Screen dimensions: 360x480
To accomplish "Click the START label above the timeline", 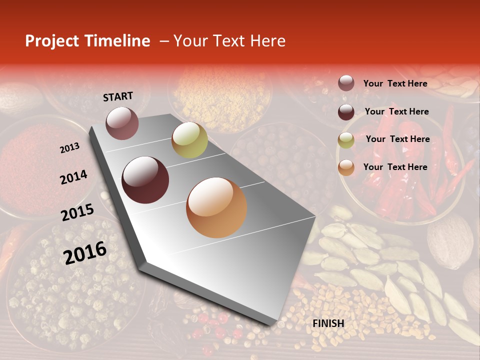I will click(118, 96).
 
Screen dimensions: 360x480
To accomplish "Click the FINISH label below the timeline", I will click(328, 323).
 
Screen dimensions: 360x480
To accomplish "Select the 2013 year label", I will click(69, 147).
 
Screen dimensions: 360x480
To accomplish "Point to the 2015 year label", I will click(77, 212).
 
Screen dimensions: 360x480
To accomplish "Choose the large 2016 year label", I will click(85, 252).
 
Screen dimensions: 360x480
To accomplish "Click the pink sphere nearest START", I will click(122, 123).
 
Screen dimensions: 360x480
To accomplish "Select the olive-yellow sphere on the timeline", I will click(189, 140).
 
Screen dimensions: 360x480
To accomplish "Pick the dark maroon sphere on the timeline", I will click(145, 180).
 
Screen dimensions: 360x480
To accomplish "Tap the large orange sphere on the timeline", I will click(216, 207).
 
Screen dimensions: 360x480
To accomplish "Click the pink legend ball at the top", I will click(346, 83).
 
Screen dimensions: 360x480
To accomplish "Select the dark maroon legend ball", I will click(346, 112).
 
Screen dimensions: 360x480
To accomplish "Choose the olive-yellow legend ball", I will click(346, 140).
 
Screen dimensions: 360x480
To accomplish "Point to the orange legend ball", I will click(346, 168).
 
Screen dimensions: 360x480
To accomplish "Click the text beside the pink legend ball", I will click(395, 83).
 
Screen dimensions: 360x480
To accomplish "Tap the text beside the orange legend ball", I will click(395, 167).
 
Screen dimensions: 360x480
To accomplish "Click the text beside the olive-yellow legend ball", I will click(397, 139).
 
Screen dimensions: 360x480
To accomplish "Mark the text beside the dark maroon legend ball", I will click(396, 111).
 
